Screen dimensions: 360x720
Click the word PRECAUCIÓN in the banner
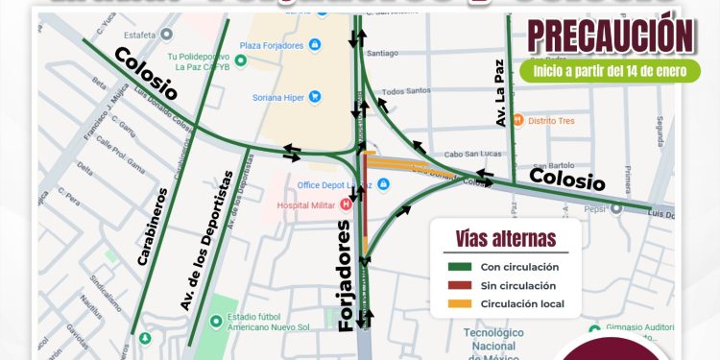pyautogui.click(x=610, y=36)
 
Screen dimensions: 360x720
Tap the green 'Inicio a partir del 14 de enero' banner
pyautogui.click(x=610, y=71)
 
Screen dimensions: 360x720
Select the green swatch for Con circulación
pyautogui.click(x=456, y=267)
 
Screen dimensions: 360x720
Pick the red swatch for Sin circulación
pyautogui.click(x=456, y=285)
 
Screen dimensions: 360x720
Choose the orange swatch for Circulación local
pyautogui.click(x=456, y=304)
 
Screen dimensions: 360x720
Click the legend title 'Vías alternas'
pyautogui.click(x=505, y=239)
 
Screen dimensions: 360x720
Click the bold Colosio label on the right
pyautogui.click(x=567, y=180)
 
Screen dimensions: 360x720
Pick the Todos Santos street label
pyautogui.click(x=402, y=92)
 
